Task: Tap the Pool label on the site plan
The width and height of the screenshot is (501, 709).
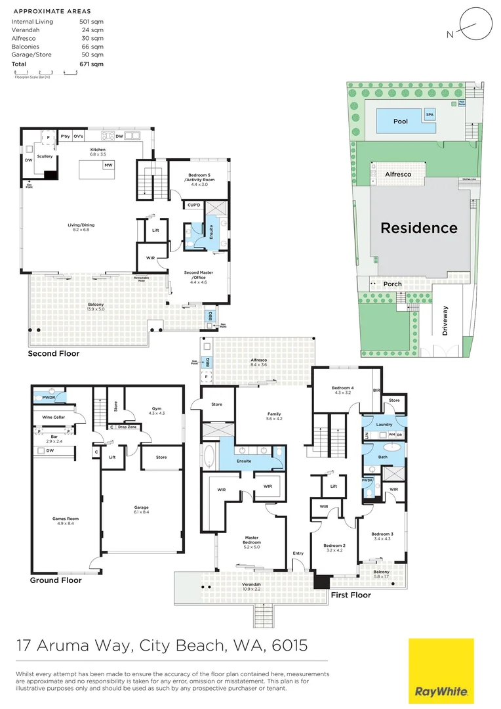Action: [400, 121]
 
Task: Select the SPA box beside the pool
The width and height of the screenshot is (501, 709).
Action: [430, 114]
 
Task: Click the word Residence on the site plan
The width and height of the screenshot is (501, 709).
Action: [419, 228]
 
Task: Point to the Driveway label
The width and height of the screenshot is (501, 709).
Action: [446, 321]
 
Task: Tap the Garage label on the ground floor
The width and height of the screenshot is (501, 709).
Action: [142, 507]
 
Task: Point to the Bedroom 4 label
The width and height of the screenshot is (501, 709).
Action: [344, 388]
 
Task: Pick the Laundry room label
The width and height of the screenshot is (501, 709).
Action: [385, 424]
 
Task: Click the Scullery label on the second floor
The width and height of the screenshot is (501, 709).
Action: [45, 156]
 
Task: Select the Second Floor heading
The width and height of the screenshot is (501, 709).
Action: [53, 354]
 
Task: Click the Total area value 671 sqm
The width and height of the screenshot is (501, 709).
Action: [96, 64]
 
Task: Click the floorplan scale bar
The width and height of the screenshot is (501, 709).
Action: [46, 73]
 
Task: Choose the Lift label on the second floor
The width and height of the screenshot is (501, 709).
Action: [155, 230]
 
